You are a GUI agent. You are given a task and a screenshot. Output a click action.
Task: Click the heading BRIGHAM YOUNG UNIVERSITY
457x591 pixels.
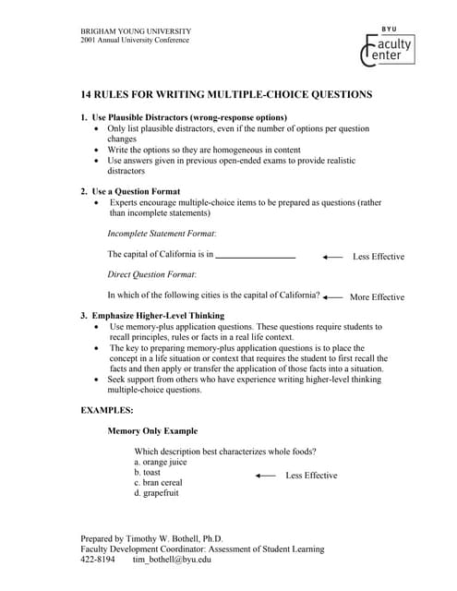(x=135, y=31)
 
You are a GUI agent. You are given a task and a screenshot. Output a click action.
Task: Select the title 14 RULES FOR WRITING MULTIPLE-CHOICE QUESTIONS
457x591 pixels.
(x=227, y=94)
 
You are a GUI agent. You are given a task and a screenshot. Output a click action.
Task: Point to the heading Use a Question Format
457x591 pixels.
(x=141, y=191)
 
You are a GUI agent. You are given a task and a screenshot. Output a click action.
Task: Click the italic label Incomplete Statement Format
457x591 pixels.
(x=162, y=234)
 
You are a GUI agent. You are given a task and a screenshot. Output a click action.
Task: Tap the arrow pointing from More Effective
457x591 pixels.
(x=332, y=297)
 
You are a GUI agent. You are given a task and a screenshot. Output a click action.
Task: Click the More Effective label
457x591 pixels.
(x=377, y=297)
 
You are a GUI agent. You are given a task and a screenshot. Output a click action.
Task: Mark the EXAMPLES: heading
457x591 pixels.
(x=107, y=409)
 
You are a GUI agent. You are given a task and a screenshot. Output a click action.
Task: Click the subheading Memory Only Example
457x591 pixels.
(x=152, y=431)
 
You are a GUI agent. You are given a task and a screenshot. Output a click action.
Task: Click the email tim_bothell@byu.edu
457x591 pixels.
(x=173, y=559)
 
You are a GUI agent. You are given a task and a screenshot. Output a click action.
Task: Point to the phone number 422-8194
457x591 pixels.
(x=98, y=559)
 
